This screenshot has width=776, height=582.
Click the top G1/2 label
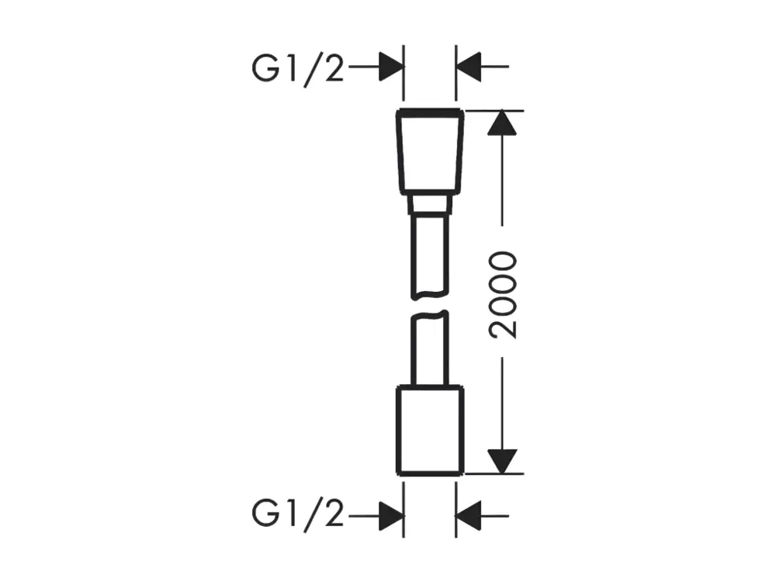coord(297,68)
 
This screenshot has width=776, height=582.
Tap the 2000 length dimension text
coord(502,295)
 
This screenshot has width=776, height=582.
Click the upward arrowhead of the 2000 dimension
coord(502,123)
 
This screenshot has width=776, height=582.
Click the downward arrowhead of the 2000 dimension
coord(502,461)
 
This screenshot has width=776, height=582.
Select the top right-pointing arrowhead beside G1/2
coord(391,66)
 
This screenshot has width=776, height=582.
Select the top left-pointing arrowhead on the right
coord(468,66)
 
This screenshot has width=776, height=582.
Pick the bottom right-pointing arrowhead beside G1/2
coord(391,516)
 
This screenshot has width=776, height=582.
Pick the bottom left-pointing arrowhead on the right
coord(468,516)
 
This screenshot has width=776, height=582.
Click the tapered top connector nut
coord(430,151)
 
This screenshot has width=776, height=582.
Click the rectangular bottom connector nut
coord(430,430)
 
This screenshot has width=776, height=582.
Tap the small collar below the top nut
coord(430,204)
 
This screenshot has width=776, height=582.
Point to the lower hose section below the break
coord(430,348)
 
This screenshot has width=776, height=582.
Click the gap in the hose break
coord(430,305)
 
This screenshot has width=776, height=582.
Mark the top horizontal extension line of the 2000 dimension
coord(494,111)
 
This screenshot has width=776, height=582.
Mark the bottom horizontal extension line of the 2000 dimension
coord(494,473)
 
